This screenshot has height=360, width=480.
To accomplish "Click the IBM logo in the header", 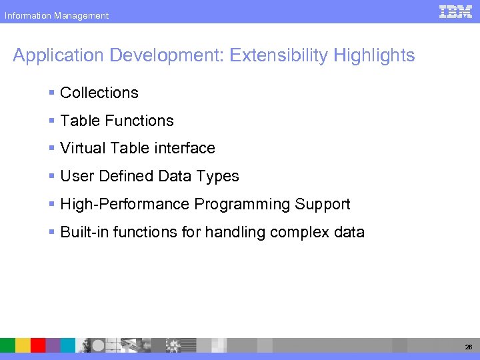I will [455, 11].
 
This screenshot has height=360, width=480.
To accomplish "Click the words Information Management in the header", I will [56, 15].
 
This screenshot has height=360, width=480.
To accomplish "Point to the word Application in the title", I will [51, 55].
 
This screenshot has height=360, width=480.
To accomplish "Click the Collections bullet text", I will [99, 93].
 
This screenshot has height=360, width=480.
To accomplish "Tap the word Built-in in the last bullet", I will [81, 233].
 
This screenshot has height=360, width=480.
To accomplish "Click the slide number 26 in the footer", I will [467, 347].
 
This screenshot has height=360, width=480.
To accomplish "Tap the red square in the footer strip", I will [38, 345].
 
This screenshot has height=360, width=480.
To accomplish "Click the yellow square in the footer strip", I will [23, 345].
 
